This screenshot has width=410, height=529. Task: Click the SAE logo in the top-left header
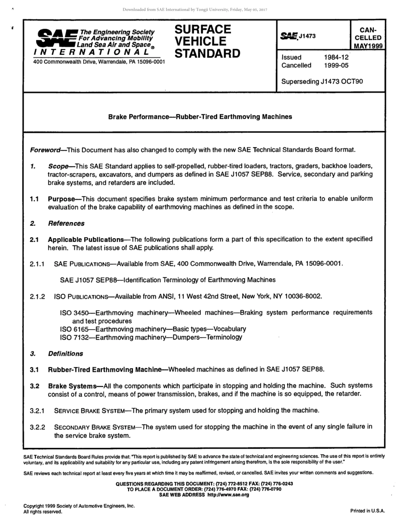tap(55, 38)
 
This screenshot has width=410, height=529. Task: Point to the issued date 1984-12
tap(336, 57)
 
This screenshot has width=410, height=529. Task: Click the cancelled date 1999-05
tap(336, 66)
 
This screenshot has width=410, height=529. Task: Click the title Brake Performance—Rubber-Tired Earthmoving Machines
tap(200, 117)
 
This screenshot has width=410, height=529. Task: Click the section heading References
tap(66, 224)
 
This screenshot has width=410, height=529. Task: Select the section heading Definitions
tap(65, 354)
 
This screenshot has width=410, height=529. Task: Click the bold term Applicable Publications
tap(85, 239)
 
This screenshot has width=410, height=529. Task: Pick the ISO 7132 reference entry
tap(151, 337)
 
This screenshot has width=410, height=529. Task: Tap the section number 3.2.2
tap(38, 427)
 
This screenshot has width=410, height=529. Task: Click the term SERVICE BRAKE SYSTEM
tap(90, 411)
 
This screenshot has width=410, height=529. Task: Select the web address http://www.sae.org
tap(227, 495)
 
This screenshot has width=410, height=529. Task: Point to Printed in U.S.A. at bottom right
tap(367, 511)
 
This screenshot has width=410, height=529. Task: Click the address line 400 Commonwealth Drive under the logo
tap(99, 62)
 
